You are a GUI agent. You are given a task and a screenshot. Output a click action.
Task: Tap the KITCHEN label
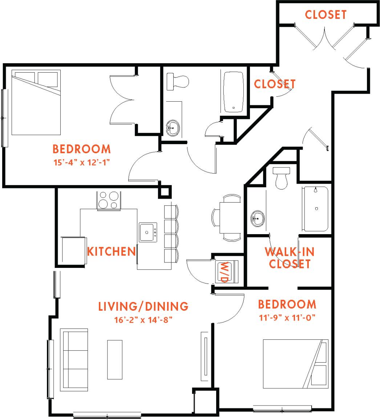[x=111, y=251]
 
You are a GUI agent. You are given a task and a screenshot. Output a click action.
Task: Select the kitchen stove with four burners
[x=109, y=200]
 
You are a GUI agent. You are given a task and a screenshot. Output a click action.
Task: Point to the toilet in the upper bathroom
[x=177, y=82]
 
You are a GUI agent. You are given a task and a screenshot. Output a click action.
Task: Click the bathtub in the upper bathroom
[x=233, y=91]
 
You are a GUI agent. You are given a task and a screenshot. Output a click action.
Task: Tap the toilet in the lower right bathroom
[x=282, y=178]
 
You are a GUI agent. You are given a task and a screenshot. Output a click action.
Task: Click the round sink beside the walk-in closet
[x=258, y=219]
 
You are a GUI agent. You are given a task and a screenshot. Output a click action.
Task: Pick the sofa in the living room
[x=74, y=360]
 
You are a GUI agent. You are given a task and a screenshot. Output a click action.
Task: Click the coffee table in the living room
[x=114, y=359]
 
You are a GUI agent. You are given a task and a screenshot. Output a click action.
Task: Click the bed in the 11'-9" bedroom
[x=295, y=363]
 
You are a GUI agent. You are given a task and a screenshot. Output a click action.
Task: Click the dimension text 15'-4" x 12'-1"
[x=82, y=162]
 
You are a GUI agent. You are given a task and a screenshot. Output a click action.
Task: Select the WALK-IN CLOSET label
[x=290, y=257]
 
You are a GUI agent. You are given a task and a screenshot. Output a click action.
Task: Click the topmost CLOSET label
[x=326, y=15]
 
